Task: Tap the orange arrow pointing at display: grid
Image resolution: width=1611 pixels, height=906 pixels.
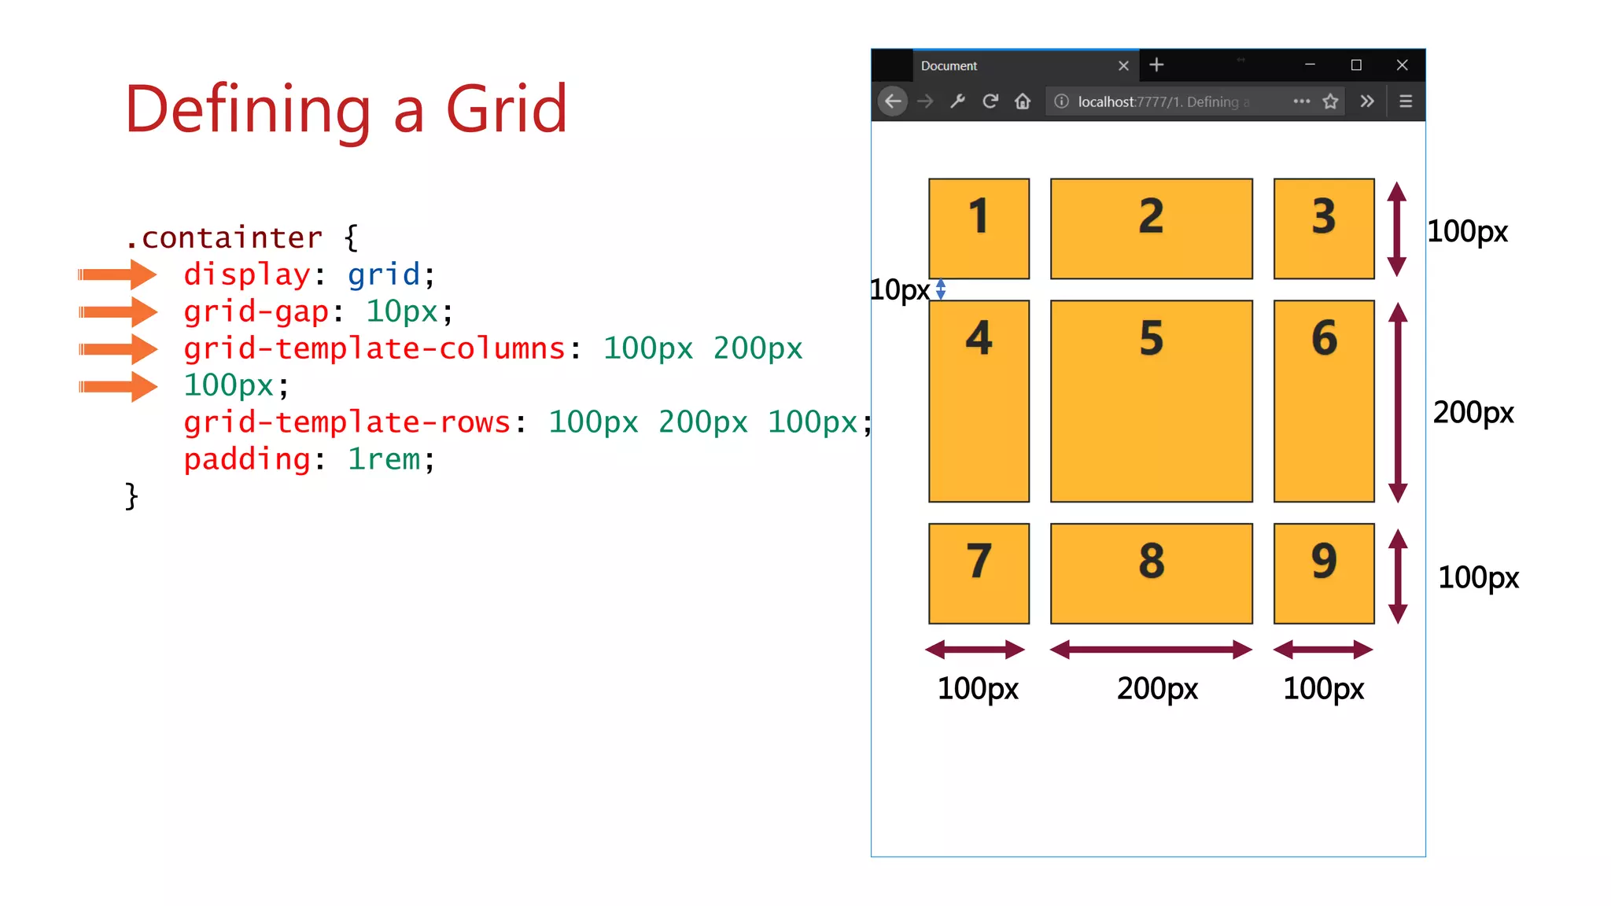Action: pyautogui.click(x=118, y=274)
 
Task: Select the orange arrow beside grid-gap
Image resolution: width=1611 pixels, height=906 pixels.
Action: pyautogui.click(x=118, y=311)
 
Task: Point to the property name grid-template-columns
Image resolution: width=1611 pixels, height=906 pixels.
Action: pyautogui.click(x=374, y=348)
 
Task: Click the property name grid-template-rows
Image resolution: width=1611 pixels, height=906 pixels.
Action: pyautogui.click(x=347, y=422)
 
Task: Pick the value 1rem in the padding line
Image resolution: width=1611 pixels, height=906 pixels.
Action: pyautogui.click(x=384, y=459)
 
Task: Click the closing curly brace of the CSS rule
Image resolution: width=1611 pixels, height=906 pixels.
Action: pyautogui.click(x=131, y=496)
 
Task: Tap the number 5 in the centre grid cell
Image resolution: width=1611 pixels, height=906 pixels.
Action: pyautogui.click(x=1151, y=338)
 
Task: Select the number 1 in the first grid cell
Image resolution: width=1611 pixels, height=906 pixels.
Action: pyautogui.click(x=979, y=216)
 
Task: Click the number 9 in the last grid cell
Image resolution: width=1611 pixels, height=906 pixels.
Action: pyautogui.click(x=1324, y=562)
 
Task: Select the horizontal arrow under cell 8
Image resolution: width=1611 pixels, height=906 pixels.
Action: pyautogui.click(x=1151, y=650)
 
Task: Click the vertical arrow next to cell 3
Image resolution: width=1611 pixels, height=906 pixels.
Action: pyautogui.click(x=1397, y=229)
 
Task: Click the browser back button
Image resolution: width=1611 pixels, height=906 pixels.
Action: pyautogui.click(x=893, y=101)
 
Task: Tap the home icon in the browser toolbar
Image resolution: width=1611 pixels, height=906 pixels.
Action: pyautogui.click(x=1023, y=101)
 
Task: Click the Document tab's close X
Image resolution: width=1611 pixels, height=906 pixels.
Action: pyautogui.click(x=1123, y=66)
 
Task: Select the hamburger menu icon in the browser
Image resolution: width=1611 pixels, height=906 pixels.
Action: pyautogui.click(x=1406, y=101)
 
